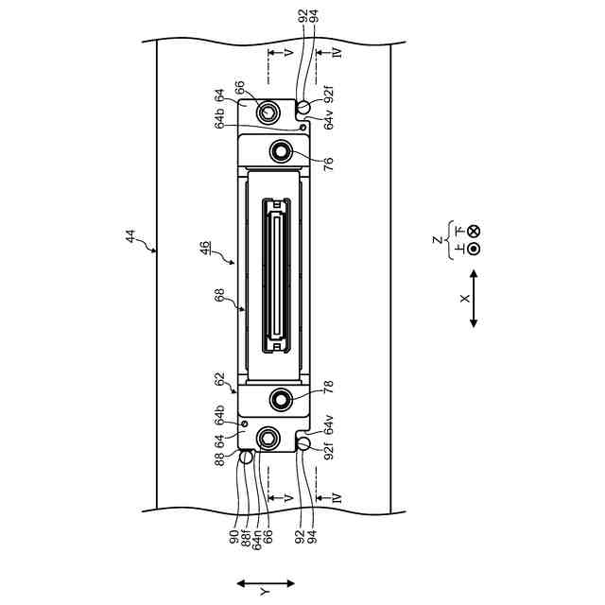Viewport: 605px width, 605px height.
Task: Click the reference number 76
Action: (x=328, y=163)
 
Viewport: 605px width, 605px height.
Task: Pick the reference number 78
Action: (x=328, y=389)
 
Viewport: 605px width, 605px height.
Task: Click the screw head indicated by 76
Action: (x=282, y=150)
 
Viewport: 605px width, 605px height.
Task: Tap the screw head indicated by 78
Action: (x=282, y=400)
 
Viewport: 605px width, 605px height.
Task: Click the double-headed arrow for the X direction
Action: (x=473, y=299)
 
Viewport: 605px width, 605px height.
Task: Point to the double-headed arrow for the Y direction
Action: (x=266, y=583)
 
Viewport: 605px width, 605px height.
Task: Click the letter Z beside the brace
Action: (x=437, y=241)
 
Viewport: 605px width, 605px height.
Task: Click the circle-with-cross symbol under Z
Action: (x=474, y=231)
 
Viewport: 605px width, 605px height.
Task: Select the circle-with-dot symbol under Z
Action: (x=474, y=250)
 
